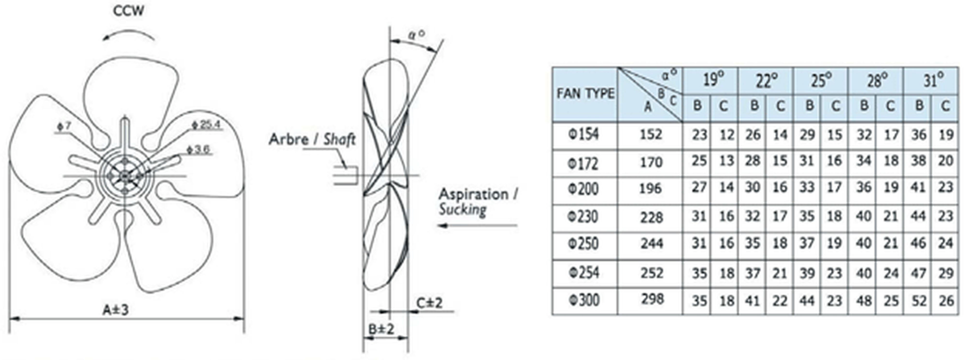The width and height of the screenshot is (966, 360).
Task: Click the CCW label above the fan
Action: (x=128, y=11)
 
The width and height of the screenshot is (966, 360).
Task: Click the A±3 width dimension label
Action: (x=116, y=310)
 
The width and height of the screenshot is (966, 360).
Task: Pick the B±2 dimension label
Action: (x=381, y=329)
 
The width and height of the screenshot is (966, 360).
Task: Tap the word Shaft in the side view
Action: (x=339, y=140)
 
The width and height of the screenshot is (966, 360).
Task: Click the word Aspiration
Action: (x=473, y=194)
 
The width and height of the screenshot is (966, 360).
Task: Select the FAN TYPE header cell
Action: (x=585, y=94)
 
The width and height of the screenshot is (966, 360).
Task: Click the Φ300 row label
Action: (x=584, y=300)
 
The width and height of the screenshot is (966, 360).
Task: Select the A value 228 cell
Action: (x=652, y=218)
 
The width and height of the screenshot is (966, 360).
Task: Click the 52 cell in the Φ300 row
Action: (x=919, y=301)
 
